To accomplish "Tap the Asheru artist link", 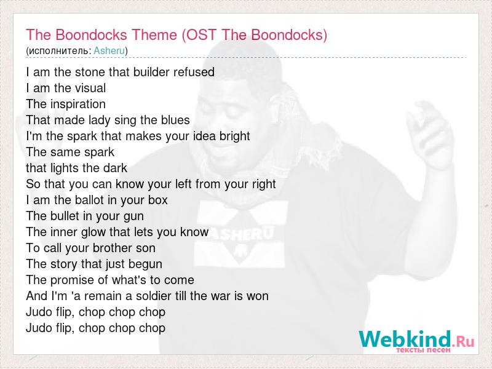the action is (x=109, y=50).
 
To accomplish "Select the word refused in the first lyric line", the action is (x=194, y=72).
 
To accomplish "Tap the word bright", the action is (x=235, y=137).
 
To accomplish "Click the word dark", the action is (x=116, y=168).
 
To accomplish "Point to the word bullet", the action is (x=65, y=216).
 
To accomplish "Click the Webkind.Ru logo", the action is (x=417, y=341).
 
